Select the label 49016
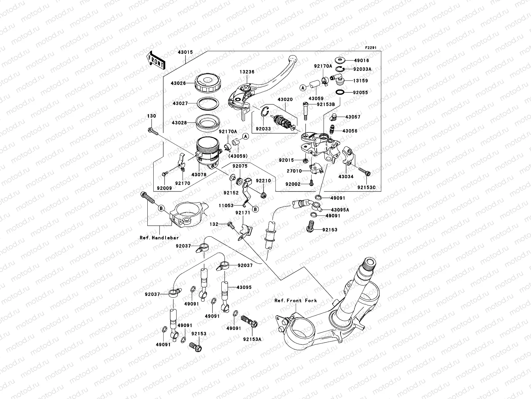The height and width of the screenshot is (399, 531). tap(361, 61)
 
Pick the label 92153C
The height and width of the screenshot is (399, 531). tap(366, 188)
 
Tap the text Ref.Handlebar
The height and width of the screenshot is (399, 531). tap(159, 238)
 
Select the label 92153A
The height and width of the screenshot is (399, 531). tap(252, 339)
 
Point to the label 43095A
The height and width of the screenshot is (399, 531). tap(339, 210)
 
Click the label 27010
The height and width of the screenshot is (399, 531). tap(294, 171)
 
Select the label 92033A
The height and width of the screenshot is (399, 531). tap(362, 69)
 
